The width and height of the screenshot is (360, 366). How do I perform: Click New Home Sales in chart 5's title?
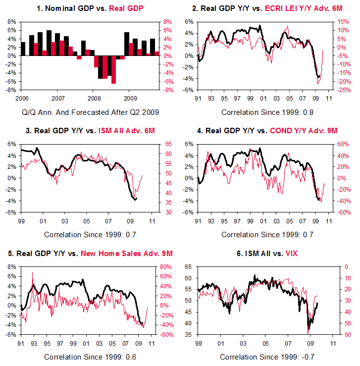(x=116, y=253)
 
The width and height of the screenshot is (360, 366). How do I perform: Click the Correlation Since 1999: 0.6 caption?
(x=91, y=357)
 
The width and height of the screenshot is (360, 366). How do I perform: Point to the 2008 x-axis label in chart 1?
(x=93, y=99)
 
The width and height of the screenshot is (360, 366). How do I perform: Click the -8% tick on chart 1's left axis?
(x=10, y=90)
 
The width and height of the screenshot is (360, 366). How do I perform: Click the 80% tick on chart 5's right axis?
(x=165, y=266)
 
